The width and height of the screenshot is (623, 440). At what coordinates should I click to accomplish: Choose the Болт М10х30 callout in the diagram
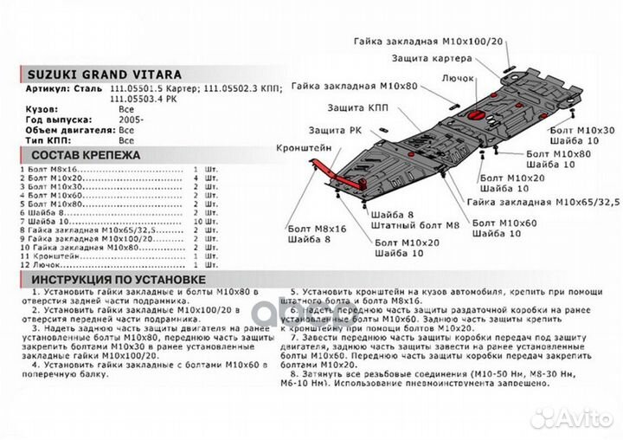tap(581, 130)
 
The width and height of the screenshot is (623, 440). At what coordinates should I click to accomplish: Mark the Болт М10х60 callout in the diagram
tap(504, 223)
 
